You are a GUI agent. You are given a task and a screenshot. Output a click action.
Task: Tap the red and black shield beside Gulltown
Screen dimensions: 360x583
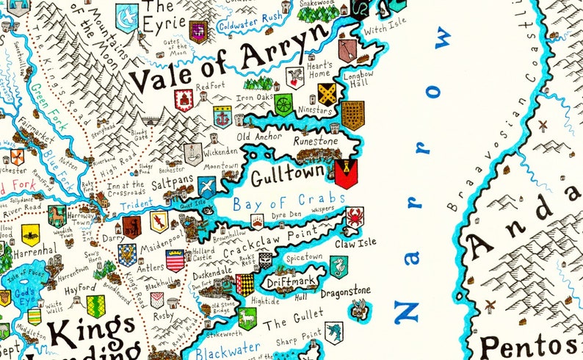(345, 174)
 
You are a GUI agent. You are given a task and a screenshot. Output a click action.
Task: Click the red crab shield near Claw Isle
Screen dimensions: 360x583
(355, 216)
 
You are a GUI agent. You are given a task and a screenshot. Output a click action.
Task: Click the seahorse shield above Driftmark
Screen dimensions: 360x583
(338, 266)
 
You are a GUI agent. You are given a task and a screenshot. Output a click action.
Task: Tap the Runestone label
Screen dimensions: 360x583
(315, 140)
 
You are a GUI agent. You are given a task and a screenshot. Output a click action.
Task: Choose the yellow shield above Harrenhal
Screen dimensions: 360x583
(30, 234)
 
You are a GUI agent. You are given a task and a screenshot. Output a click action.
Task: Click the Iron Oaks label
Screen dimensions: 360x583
(254, 96)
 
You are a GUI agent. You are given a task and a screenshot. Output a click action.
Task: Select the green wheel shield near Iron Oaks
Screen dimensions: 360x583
(283, 105)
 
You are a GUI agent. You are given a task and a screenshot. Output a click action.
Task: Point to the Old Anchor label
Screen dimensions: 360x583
(259, 136)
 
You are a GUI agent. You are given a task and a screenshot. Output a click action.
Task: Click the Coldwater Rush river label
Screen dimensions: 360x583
(250, 19)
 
